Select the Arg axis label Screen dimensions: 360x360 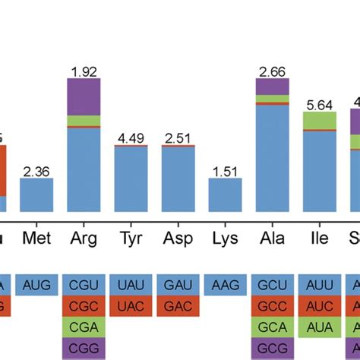[84, 238]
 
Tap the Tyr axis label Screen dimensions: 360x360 [131, 238]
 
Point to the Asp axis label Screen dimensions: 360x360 [178, 238]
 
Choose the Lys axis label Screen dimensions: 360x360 [225, 238]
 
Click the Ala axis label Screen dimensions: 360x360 [272, 238]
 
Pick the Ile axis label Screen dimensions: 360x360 [319, 238]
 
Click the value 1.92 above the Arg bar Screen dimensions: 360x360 [84, 73]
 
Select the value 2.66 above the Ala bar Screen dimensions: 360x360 [272, 73]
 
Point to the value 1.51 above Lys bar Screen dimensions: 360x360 [225, 172]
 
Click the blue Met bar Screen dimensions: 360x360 [36, 195]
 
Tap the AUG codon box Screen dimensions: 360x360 [36, 285]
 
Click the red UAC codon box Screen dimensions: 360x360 [131, 306]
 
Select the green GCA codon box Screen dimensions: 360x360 [272, 327]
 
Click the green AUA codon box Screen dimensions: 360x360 [319, 327]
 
